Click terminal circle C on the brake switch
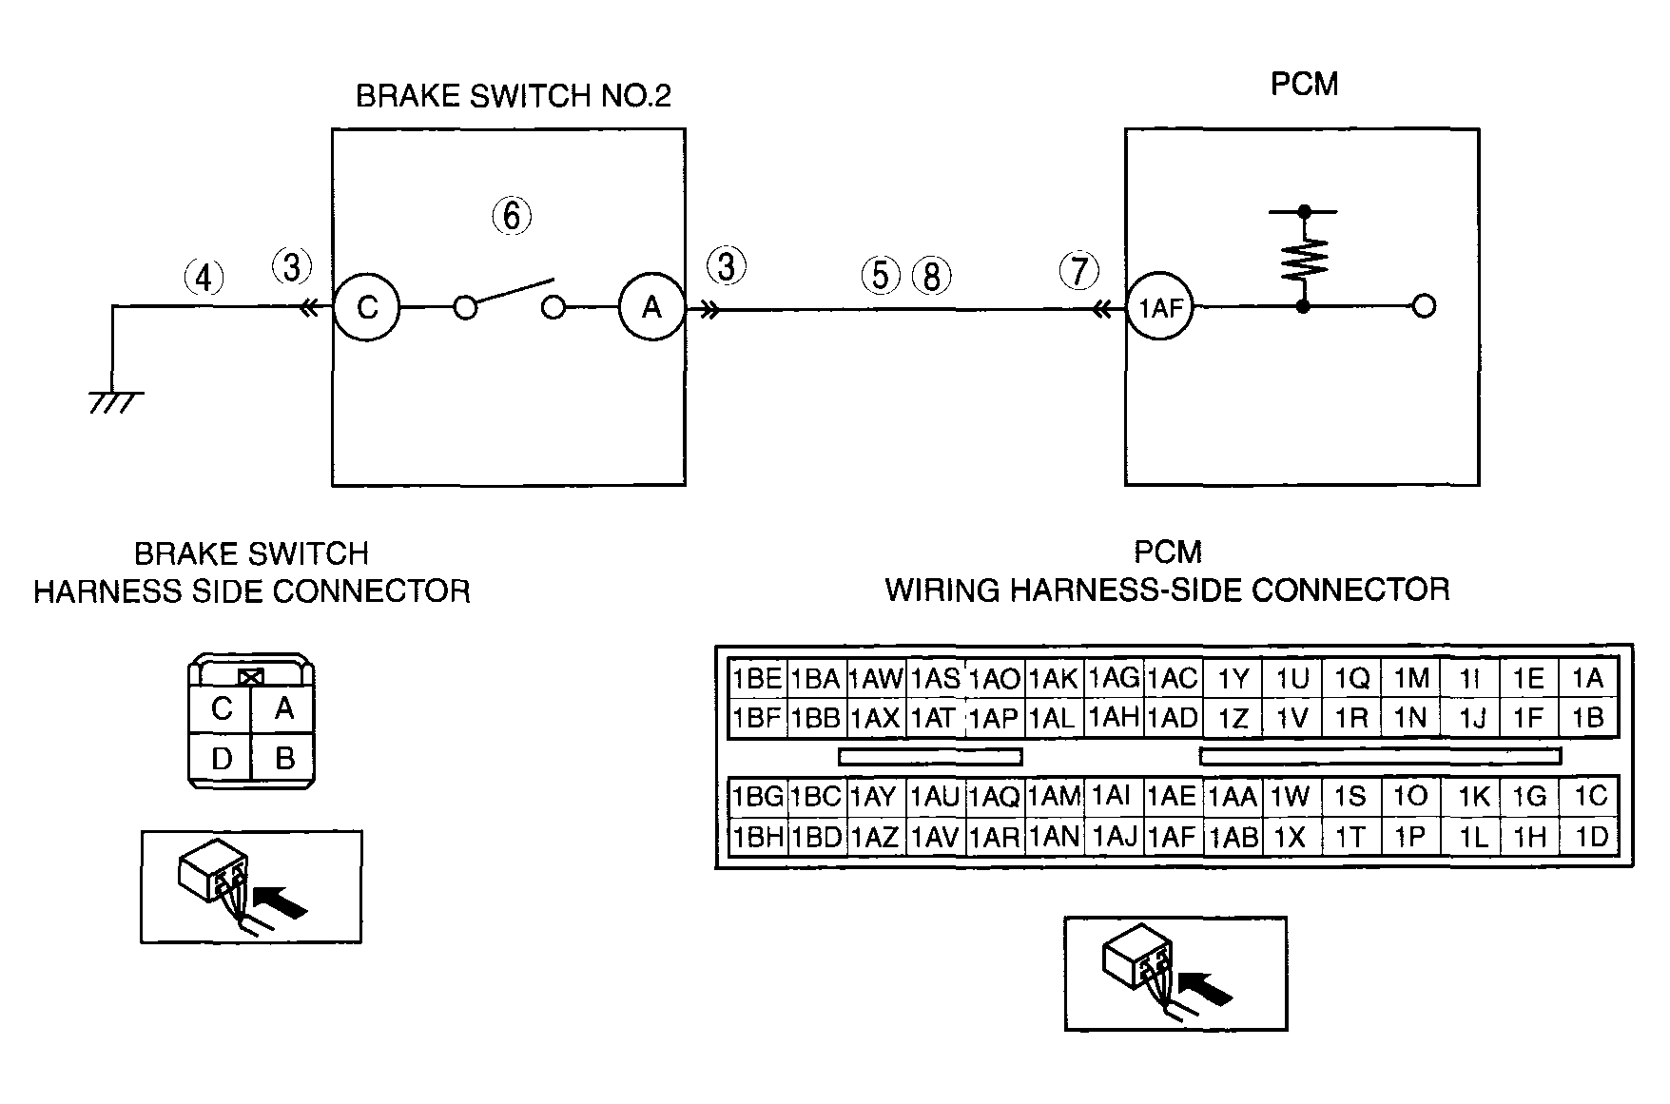coord(367,306)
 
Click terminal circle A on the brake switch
coord(651,306)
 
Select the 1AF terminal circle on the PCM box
coord(1160,307)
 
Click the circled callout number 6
coord(512,216)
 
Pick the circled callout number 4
coord(204,278)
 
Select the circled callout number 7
coord(1078,271)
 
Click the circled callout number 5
coord(881,275)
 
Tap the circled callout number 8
coord(932,276)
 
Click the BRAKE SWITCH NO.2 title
coord(514,96)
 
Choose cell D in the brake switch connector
coord(222,760)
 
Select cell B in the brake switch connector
coord(283,759)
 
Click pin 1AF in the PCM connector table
coord(1172,836)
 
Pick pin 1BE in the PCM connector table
coord(757,678)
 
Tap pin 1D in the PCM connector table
coord(1590,836)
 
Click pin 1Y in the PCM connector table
coord(1233,678)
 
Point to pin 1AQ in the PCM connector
coord(994,797)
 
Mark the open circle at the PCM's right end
coord(1424,306)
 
